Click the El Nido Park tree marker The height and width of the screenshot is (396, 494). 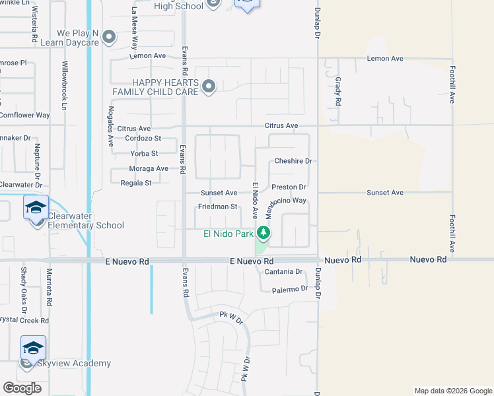coord(264,233)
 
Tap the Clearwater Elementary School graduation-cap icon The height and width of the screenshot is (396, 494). coord(36,207)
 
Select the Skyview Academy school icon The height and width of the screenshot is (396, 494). coord(33,346)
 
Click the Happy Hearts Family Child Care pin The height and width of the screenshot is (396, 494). coord(209,86)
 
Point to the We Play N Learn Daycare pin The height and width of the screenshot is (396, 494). coord(109,38)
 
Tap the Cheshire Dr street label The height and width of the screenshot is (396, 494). coord(293,161)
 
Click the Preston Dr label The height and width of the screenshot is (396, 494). coord(289,187)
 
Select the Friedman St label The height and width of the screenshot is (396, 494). coord(217,207)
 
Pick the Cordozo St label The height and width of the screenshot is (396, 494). coord(143,139)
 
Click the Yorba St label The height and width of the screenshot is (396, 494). coord(145,154)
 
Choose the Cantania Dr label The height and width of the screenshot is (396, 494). coord(283,272)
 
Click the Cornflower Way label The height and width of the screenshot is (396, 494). coord(24,115)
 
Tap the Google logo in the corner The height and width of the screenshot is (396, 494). coord(22,388)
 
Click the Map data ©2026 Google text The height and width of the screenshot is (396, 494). coord(453,391)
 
